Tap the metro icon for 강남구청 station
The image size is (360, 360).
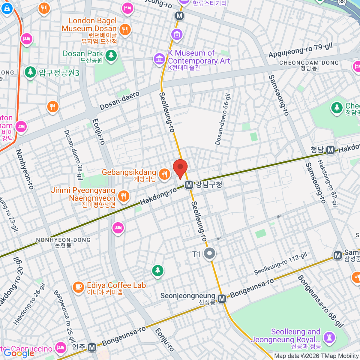[x=189, y=185]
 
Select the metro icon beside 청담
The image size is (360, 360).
[x=330, y=150]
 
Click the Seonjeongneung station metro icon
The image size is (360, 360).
[x=222, y=298]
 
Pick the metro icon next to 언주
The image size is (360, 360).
[x=92, y=347]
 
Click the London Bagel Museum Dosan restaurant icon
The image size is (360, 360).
[x=125, y=30]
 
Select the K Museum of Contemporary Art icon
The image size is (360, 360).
[x=159, y=59]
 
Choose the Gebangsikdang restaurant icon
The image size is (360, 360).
[x=164, y=174]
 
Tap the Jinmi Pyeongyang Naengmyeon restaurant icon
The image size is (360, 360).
[x=123, y=196]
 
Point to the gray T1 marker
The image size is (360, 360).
[x=209, y=253]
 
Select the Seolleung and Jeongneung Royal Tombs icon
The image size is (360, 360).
[x=329, y=337]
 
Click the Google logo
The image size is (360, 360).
[x=19, y=353]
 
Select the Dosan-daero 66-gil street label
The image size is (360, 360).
[x=223, y=119]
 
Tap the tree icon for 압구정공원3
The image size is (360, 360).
[x=30, y=72]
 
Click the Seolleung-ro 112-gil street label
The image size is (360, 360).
[x=280, y=264]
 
